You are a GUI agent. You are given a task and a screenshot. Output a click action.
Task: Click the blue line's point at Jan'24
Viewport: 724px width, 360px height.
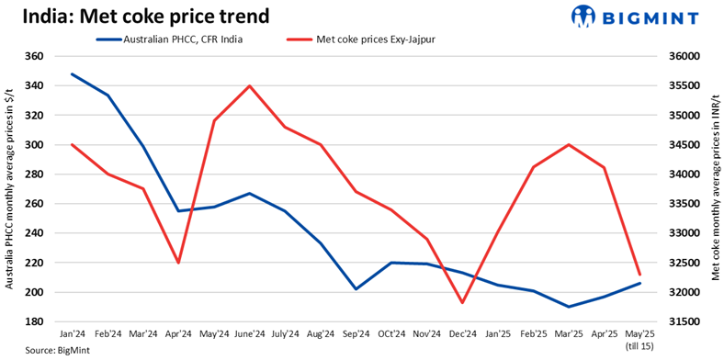[x=72, y=74]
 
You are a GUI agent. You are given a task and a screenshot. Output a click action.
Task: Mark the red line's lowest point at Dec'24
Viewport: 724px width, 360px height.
[x=461, y=302]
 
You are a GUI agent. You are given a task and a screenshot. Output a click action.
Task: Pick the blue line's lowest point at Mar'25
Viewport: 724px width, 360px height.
[x=569, y=307]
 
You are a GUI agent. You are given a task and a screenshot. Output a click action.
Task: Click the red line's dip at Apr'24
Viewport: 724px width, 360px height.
[x=178, y=263]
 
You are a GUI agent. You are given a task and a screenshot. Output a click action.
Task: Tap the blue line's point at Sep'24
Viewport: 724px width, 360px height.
[x=356, y=289]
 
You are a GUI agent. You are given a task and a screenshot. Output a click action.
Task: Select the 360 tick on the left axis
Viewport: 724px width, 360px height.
[x=36, y=57]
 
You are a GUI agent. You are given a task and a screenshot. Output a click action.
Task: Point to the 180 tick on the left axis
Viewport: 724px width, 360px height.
[x=36, y=321]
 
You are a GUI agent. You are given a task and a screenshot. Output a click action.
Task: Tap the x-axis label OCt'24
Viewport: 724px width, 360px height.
[x=390, y=333]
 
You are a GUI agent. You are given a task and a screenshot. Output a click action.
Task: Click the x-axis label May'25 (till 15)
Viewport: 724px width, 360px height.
[x=639, y=339]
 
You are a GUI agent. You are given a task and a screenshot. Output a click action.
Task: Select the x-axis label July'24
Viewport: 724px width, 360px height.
[x=284, y=333]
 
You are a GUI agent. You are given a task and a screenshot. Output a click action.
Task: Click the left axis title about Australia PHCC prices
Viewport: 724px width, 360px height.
[x=9, y=189]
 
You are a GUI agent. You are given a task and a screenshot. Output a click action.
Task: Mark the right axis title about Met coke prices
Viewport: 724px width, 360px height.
[x=714, y=189]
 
